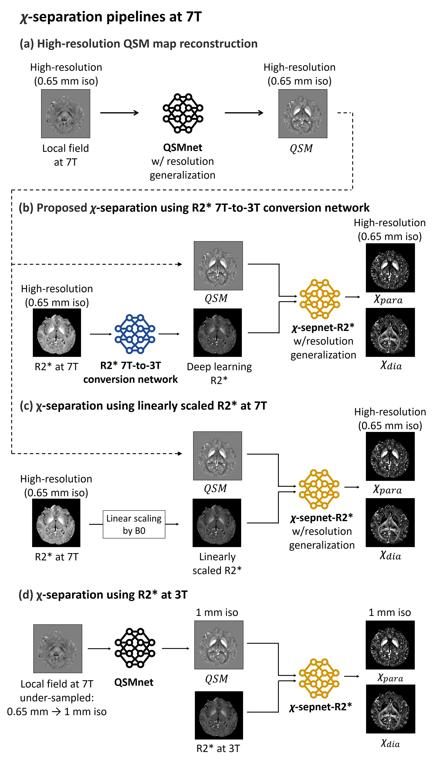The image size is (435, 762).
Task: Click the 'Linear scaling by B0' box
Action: click(134, 524)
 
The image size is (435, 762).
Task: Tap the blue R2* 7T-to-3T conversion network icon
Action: click(135, 334)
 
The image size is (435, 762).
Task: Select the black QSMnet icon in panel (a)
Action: click(183, 113)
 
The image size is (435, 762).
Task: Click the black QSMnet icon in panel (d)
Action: click(135, 648)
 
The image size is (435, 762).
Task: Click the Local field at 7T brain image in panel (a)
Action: click(65, 114)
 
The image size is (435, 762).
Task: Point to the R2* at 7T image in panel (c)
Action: click(56, 523)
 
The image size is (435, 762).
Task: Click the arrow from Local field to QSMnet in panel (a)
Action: click(120, 113)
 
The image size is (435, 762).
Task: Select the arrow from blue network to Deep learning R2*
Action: click(169, 334)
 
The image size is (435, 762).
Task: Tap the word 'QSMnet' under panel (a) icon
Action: click(183, 147)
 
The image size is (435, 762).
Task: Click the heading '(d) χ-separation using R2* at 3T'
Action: click(103, 595)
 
